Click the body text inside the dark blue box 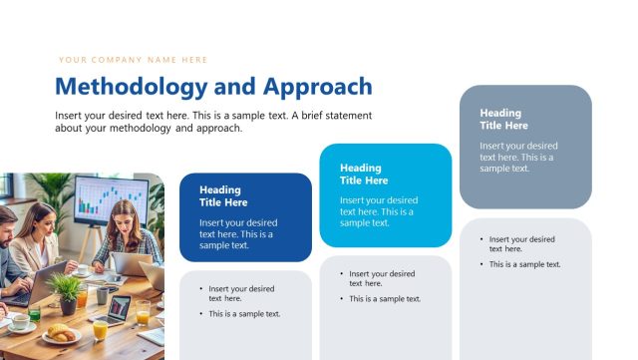coord(237,233)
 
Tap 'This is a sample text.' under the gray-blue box coord(524,264)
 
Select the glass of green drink coord(34,313)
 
